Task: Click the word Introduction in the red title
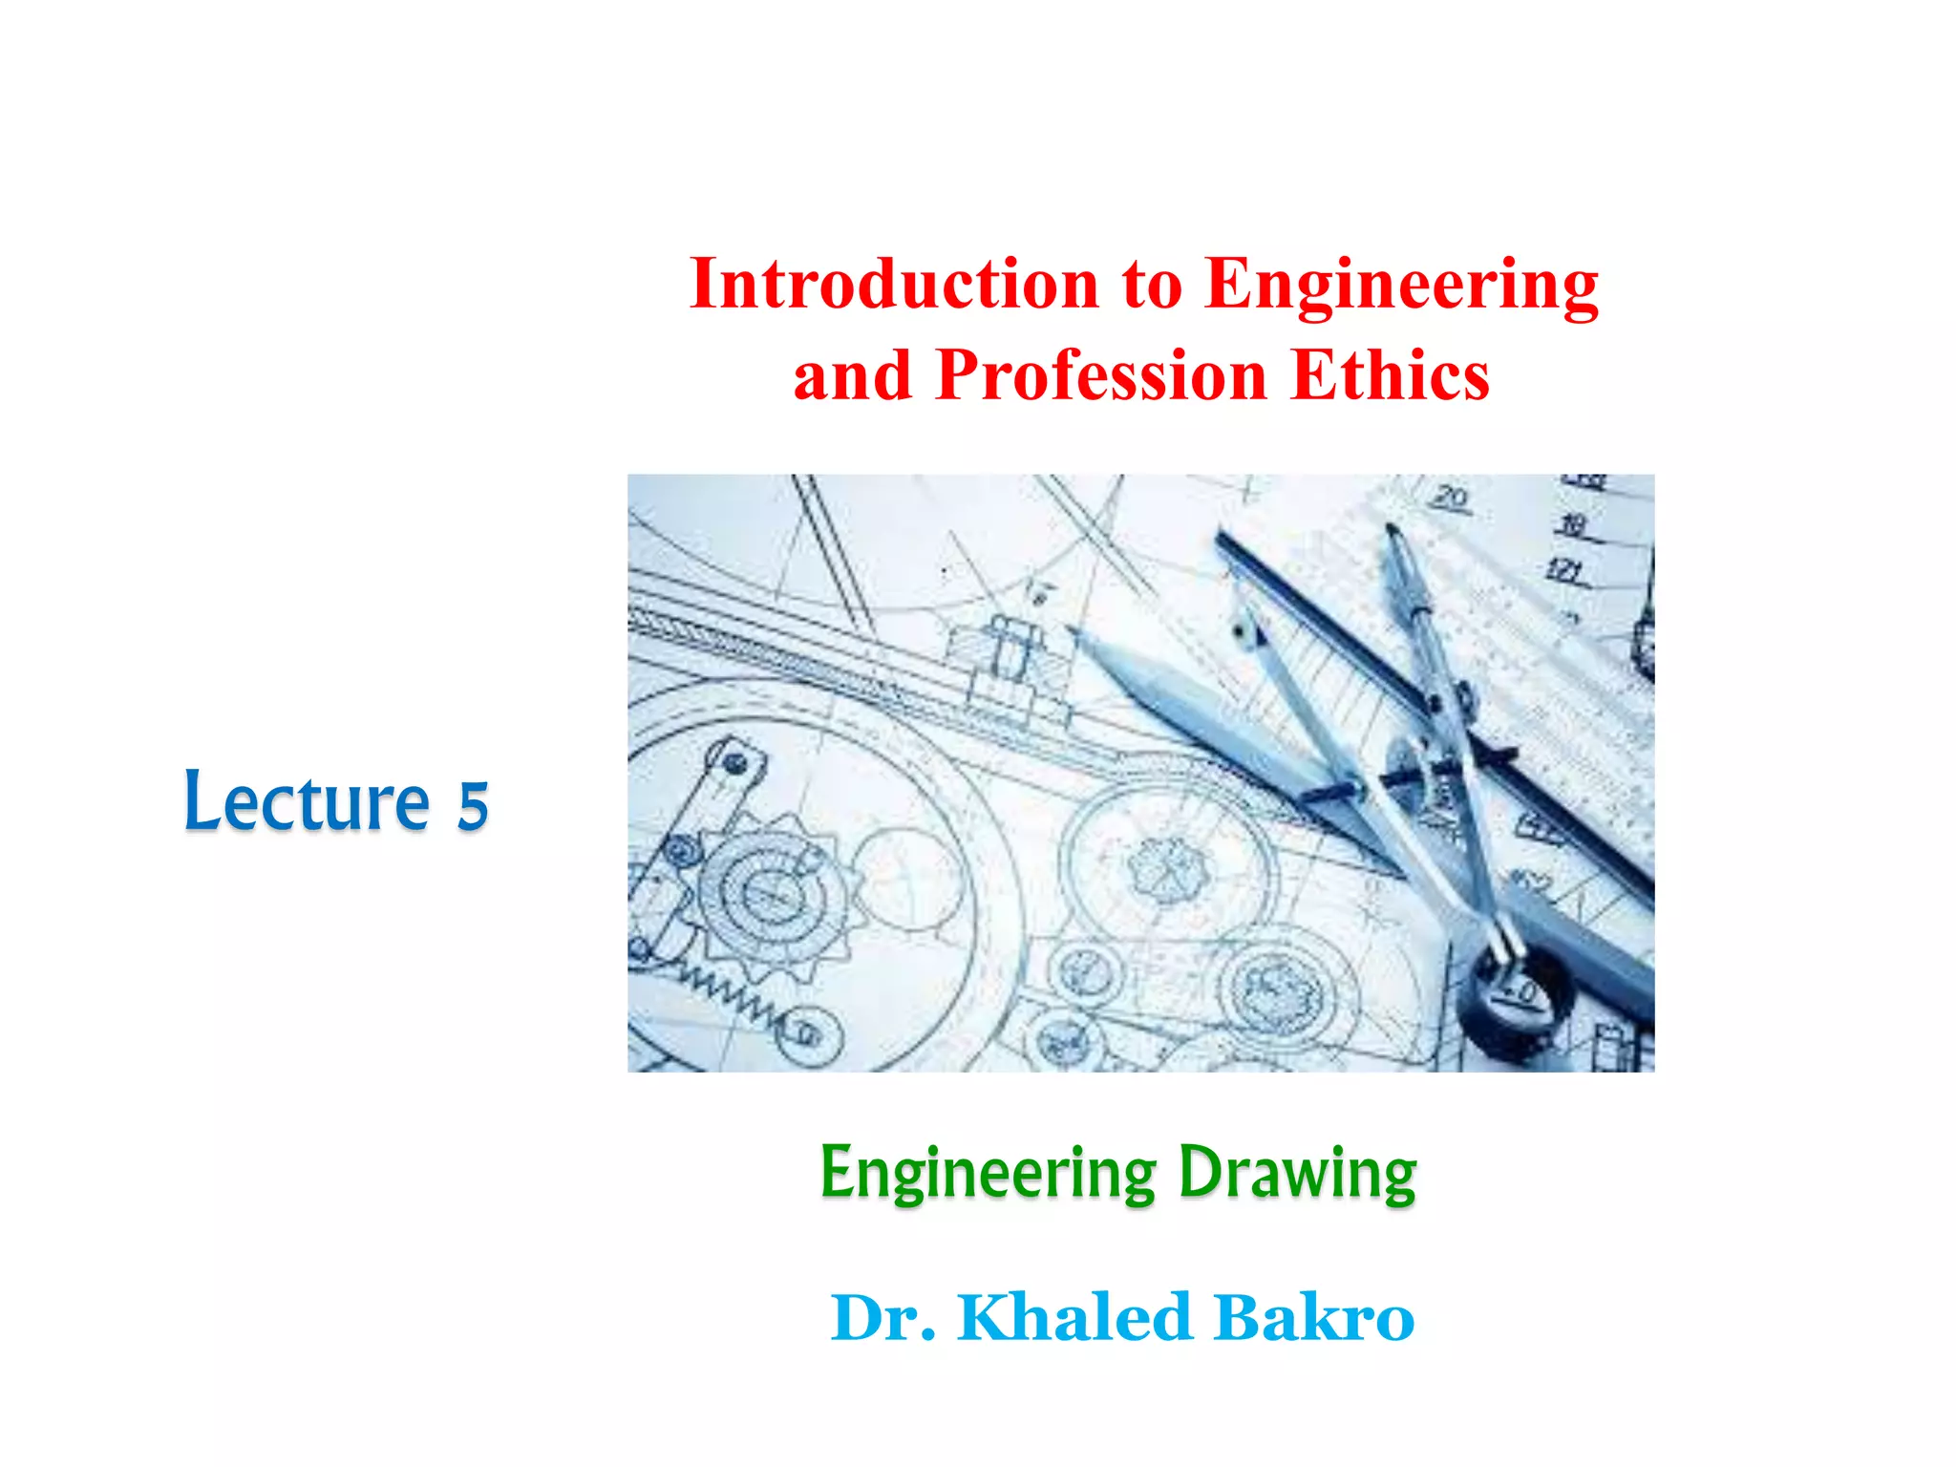pos(895,284)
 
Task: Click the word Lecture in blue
pos(307,802)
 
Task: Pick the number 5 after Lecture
pos(473,805)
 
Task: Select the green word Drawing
pos(1297,1174)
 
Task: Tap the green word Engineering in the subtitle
pos(989,1174)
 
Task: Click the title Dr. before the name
pos(883,1318)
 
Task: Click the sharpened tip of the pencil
pos(1073,631)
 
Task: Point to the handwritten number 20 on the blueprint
pos(1451,498)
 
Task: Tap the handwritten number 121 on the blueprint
pos(1565,571)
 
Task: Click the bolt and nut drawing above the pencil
pos(1009,659)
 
